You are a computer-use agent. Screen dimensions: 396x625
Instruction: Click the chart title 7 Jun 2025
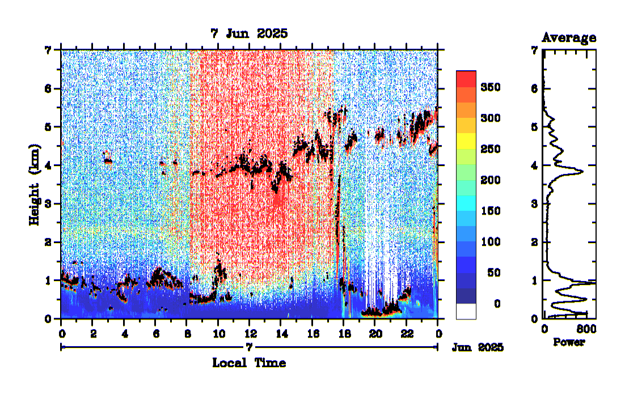[x=249, y=33]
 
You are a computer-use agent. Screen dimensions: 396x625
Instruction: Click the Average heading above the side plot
[x=569, y=38]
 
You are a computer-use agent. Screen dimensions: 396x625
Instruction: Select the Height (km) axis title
[x=35, y=184]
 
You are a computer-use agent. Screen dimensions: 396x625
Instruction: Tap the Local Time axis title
[x=249, y=363]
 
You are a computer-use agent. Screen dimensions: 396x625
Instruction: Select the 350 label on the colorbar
[x=490, y=87]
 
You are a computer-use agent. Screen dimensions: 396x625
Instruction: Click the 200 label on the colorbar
[x=490, y=180]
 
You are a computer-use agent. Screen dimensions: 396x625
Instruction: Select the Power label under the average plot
[x=568, y=342]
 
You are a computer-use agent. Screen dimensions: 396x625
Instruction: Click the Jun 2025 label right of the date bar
[x=478, y=347]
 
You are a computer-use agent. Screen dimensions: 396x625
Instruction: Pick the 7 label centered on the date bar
[x=249, y=346]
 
